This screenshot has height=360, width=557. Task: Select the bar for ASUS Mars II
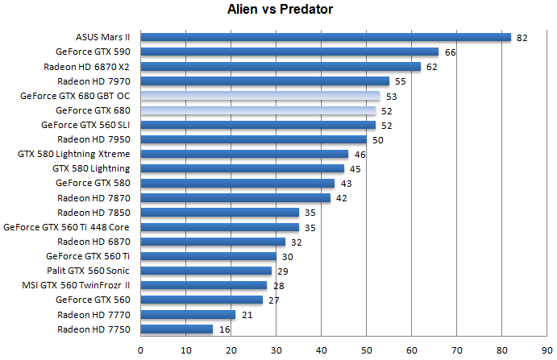326,37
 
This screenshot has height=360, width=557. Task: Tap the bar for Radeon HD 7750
177,329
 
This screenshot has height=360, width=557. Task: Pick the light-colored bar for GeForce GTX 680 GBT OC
260,96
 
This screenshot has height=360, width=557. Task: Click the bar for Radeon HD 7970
265,81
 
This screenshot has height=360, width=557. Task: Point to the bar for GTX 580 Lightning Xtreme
244,154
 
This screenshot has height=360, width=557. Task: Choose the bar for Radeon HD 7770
188,315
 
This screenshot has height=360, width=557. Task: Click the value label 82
522,37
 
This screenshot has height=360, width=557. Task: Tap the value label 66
450,52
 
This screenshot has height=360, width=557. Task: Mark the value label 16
224,329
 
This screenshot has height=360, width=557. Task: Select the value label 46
360,154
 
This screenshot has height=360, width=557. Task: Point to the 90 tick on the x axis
547,350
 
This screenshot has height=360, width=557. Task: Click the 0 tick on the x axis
141,350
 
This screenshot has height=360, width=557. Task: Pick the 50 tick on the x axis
367,350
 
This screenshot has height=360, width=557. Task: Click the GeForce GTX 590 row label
95,52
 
